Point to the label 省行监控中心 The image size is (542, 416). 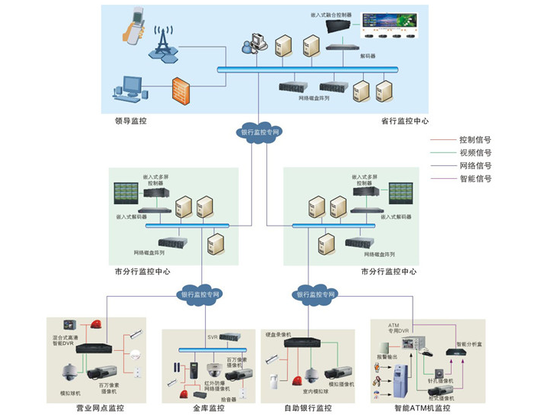(x=405, y=120)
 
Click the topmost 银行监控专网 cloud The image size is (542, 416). (x=260, y=132)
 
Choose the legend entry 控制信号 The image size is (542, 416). (x=475, y=140)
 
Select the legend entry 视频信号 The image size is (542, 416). (x=475, y=153)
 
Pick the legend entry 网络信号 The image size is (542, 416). (x=475, y=166)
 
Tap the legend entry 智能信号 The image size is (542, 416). (x=475, y=179)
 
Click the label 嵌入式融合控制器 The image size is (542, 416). (x=329, y=15)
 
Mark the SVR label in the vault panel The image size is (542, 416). (x=214, y=336)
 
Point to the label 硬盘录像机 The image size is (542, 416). (x=280, y=334)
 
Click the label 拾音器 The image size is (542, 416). (x=227, y=398)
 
